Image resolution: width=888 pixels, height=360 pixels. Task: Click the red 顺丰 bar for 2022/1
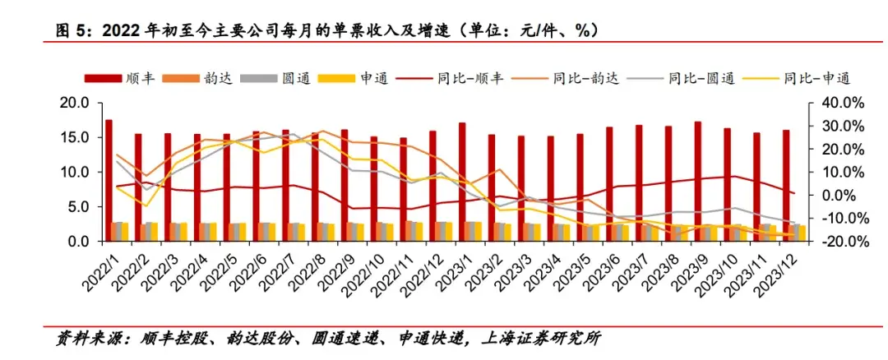(109, 180)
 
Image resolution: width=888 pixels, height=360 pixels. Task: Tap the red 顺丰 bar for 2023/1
(462, 182)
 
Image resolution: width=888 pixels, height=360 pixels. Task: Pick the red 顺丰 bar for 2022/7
(285, 185)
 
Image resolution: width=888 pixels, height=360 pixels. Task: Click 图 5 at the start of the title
(69, 30)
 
